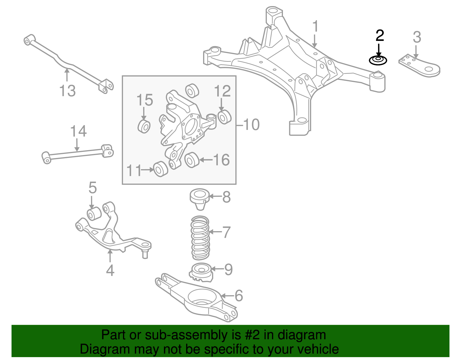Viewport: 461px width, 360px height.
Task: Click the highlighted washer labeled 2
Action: coord(378,61)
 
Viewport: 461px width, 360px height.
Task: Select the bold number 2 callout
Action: coord(380,35)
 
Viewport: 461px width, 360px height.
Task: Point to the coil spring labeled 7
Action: coord(201,238)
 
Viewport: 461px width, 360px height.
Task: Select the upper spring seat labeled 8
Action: coord(199,198)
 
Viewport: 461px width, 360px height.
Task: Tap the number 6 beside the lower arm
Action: coord(239,296)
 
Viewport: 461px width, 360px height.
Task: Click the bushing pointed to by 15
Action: coord(144,127)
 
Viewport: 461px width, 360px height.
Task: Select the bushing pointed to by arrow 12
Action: coord(224,116)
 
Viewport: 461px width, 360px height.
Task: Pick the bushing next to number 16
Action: coord(192,160)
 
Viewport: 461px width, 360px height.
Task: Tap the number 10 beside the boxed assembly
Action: coord(251,125)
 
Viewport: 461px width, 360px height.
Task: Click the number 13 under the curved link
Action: coord(67,91)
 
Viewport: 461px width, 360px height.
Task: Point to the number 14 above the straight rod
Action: coord(78,131)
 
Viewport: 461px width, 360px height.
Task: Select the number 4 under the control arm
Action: coord(110,270)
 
